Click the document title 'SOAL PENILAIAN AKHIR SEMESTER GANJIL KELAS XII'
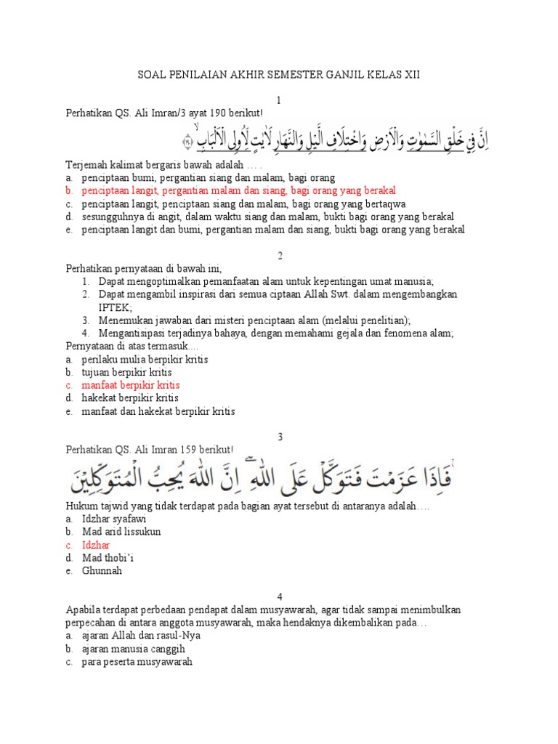[279, 75]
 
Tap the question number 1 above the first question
[279, 100]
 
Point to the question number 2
[279, 256]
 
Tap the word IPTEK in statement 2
[113, 307]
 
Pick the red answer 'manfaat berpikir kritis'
[131, 385]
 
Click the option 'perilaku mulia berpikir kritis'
[145, 360]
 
